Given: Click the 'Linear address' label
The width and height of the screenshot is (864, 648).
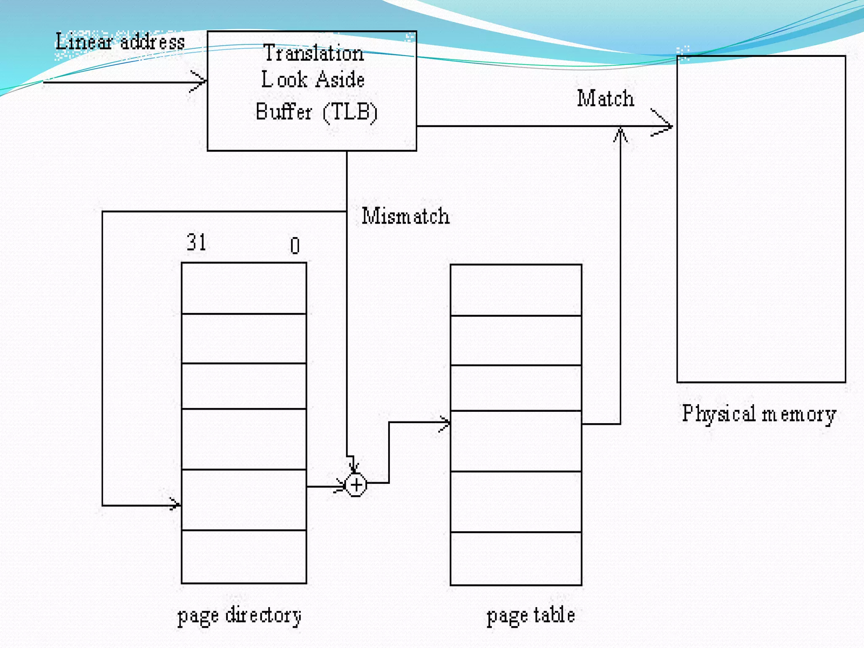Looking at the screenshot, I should click(120, 42).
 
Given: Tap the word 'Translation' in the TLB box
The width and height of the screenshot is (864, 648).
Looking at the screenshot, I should click(313, 54).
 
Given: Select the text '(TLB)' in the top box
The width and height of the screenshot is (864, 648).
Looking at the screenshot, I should click(350, 112).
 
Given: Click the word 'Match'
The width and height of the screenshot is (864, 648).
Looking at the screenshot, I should click(605, 99).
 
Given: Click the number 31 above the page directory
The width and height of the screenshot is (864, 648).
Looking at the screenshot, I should click(197, 243).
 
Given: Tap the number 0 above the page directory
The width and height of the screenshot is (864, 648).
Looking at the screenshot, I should click(295, 246).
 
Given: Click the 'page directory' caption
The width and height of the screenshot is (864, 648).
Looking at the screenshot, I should click(239, 616).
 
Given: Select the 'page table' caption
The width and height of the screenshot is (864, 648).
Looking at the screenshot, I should click(531, 616).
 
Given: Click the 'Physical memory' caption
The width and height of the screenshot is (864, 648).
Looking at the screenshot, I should click(759, 414).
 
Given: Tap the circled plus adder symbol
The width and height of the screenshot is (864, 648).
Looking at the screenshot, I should click(356, 485).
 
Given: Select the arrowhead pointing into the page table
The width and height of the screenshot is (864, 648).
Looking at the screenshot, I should click(445, 423).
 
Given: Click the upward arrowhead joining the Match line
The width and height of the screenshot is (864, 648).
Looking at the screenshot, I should click(620, 134).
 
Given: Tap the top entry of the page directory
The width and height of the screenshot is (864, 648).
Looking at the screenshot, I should click(244, 288).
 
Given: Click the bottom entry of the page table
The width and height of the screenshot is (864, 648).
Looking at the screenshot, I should click(516, 559).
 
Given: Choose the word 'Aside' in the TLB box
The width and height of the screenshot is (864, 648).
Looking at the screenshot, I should click(340, 80).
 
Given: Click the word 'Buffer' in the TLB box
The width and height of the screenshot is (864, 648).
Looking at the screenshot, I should click(283, 112).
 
